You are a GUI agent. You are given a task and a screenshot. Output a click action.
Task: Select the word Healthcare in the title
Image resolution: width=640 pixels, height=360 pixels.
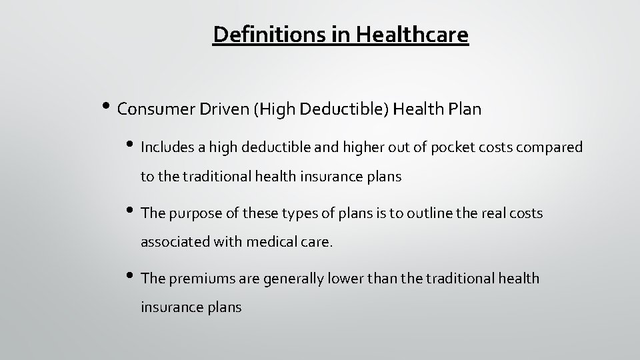coord(414,34)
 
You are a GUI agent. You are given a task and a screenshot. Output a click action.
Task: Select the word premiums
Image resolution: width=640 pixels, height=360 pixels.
coord(201,278)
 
